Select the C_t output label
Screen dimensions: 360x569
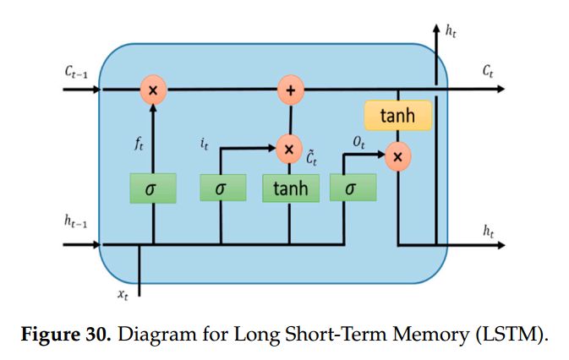(488, 74)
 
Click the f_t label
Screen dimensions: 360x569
(139, 145)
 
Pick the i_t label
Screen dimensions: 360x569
(205, 143)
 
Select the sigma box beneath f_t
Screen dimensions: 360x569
(152, 188)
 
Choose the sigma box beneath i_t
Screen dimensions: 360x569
(222, 188)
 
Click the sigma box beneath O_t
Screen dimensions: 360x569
(348, 188)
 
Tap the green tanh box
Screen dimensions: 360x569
(290, 188)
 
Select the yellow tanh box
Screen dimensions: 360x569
(397, 115)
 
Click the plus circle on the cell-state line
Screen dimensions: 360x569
(290, 89)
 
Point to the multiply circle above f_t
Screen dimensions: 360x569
(153, 89)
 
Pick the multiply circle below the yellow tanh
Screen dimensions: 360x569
(397, 156)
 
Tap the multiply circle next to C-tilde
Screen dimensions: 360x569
(289, 150)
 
